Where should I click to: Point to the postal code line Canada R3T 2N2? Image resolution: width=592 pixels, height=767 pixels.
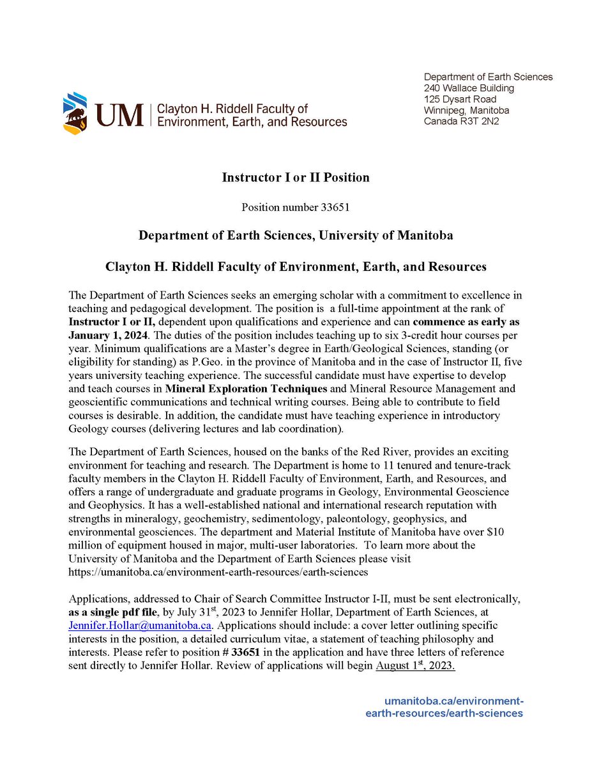tap(461, 120)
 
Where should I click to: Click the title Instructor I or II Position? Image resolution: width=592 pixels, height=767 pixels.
tap(295, 177)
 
